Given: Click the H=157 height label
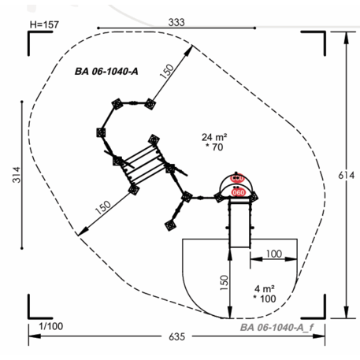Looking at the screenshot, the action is tap(44, 24).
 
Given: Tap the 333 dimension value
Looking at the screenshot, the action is tap(176, 22).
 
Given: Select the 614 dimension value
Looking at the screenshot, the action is tap(347, 175).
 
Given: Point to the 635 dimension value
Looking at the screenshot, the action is tap(176, 336).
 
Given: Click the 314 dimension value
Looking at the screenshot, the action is tap(17, 175).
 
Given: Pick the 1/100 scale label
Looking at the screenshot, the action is tap(50, 326).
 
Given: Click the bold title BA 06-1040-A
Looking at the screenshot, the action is tap(106, 72).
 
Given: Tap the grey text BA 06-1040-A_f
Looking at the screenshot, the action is tap(276, 328).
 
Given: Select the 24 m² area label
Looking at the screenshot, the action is tap(214, 137).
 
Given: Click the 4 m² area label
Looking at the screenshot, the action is tap(265, 289).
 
